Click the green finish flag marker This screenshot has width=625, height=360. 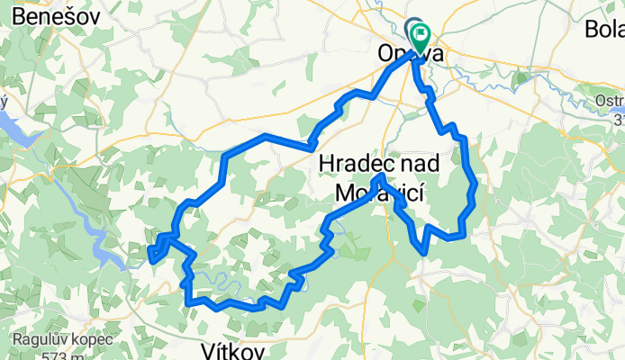[421, 34]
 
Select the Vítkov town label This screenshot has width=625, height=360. [230, 348]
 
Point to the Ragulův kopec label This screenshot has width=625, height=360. [62, 340]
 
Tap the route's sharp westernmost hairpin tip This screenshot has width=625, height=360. [149, 257]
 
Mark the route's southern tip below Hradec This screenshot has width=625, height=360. [422, 247]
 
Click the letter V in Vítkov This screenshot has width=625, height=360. [205, 348]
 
